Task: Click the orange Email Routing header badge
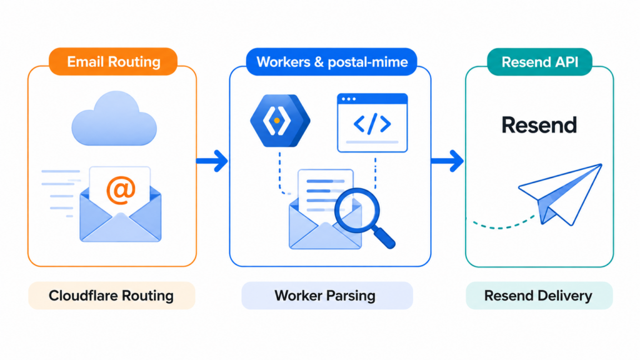coord(113,62)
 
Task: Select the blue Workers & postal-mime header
coord(331,62)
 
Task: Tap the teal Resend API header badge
coord(539,62)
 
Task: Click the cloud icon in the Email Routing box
coord(114,118)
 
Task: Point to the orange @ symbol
coord(121,190)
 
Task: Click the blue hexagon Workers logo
coord(280,121)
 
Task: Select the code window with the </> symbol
coord(372,123)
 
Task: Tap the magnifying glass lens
coord(357,211)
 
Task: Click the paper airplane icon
coord(560,194)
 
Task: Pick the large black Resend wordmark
coord(539,125)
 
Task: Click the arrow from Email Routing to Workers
coord(212,161)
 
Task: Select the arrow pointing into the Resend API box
coord(447,161)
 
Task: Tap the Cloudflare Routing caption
coord(111,296)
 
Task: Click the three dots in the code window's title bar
coord(349,99)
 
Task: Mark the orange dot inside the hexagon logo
coord(277,121)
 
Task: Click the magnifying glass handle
coord(385,238)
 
